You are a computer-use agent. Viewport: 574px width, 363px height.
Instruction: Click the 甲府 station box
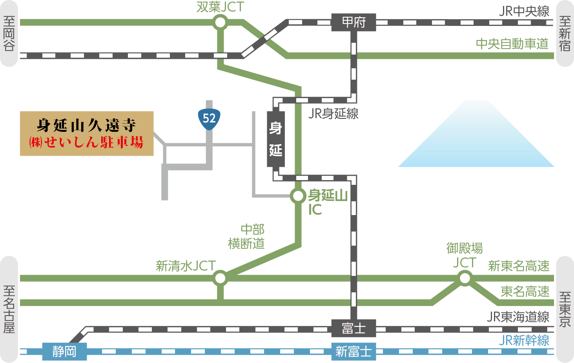coord(354,22)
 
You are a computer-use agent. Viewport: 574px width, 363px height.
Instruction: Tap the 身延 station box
coord(275,139)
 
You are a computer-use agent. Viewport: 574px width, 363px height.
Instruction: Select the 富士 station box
coord(354,328)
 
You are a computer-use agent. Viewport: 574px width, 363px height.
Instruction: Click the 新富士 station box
coord(354,351)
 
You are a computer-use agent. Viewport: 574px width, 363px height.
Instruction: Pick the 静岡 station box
coord(64,351)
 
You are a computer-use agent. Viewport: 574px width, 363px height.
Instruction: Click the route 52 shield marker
coord(209,118)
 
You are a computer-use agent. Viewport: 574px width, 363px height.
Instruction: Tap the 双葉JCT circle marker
coord(220,22)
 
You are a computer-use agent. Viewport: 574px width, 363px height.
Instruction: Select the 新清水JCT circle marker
coord(220,278)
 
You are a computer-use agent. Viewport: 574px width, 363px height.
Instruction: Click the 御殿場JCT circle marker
coord(465,278)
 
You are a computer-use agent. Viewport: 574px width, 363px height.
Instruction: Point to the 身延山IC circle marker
coord(298,196)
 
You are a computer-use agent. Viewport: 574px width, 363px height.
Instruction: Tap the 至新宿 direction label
coord(565,34)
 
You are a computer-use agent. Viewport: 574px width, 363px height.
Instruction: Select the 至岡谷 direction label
coord(9,34)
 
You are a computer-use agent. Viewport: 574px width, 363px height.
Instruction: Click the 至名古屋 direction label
coord(9,309)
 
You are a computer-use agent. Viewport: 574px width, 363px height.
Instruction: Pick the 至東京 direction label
coord(565,309)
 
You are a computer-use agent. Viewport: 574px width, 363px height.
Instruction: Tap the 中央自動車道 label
coord(512,44)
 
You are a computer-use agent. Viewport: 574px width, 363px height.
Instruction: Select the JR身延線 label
coord(333,114)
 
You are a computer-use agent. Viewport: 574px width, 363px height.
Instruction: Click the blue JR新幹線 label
coord(524,340)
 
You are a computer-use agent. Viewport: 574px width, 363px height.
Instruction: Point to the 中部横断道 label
coord(247,236)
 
